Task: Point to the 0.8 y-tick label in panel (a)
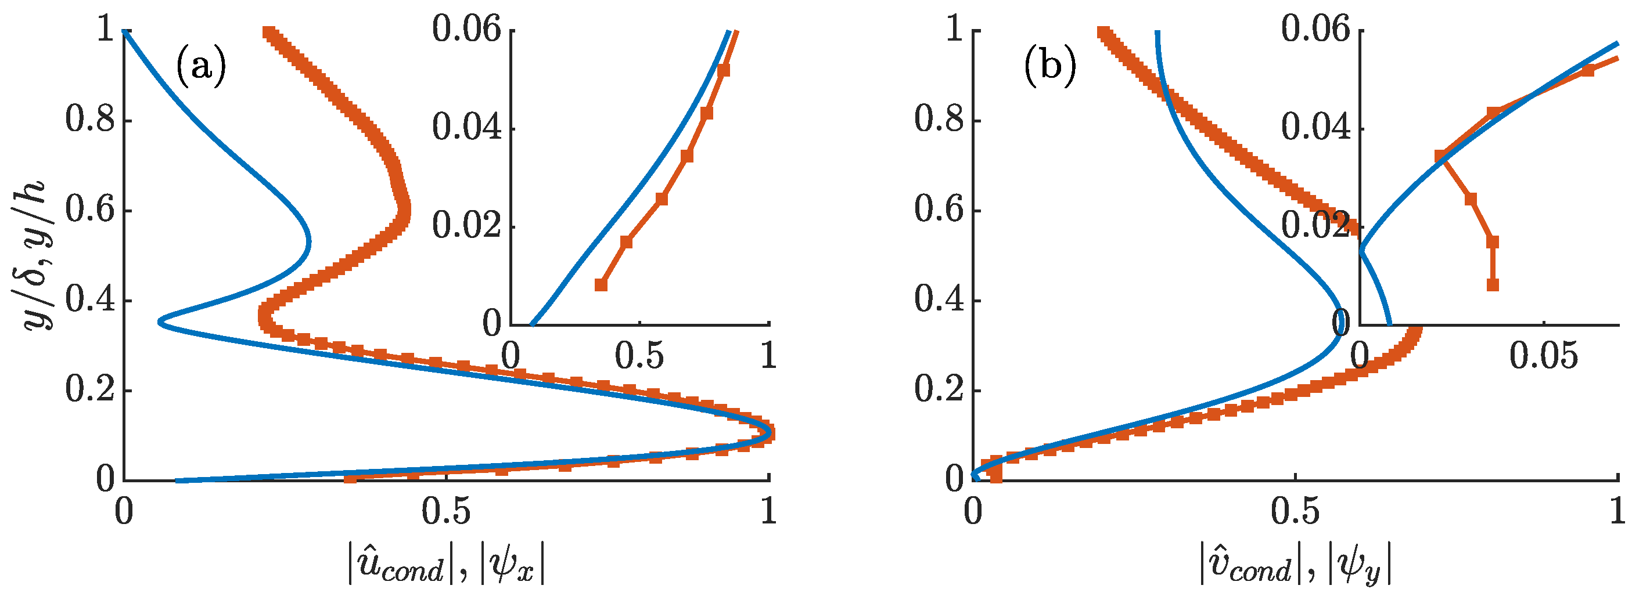click(90, 120)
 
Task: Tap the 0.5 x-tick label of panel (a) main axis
click(447, 511)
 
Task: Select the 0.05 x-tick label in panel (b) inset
click(1543, 356)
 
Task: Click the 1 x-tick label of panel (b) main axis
click(1617, 511)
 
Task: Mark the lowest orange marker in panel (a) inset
click(601, 285)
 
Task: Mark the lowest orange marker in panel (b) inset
click(1493, 285)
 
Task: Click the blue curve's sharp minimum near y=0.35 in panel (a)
click(161, 323)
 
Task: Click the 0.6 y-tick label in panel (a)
click(90, 210)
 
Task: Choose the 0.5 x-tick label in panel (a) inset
click(640, 356)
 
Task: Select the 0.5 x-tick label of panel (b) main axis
click(1296, 511)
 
